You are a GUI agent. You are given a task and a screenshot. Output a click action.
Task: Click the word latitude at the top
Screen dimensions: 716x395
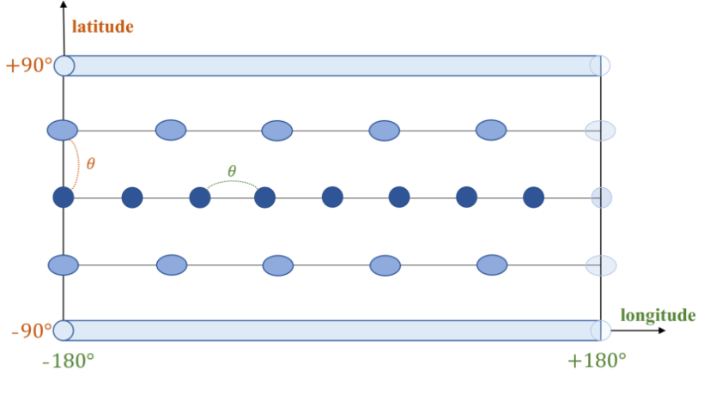(x=103, y=27)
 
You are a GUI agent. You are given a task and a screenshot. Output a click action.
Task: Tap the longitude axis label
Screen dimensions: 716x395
(x=658, y=315)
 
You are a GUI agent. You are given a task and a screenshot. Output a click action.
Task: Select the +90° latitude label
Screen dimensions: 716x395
(x=29, y=65)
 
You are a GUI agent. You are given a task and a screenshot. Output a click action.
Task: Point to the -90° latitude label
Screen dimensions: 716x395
(x=32, y=330)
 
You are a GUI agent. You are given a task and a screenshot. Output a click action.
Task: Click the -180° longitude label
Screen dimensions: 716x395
(x=68, y=361)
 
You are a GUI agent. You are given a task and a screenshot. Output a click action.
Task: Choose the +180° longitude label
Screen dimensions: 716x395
(x=597, y=361)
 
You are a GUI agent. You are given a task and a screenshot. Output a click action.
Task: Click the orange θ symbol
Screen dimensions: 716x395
(x=90, y=163)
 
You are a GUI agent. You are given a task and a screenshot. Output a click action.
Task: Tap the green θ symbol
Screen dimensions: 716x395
(x=232, y=171)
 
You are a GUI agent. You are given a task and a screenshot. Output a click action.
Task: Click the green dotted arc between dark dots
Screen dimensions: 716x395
(x=233, y=181)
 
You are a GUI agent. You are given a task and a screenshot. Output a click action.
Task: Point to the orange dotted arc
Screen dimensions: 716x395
(x=78, y=164)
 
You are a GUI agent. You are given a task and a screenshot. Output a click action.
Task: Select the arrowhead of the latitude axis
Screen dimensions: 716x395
(x=64, y=4)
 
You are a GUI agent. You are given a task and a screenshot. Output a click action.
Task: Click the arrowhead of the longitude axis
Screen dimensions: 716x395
(x=662, y=330)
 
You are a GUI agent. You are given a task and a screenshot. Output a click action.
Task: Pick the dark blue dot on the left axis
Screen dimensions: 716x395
(x=64, y=197)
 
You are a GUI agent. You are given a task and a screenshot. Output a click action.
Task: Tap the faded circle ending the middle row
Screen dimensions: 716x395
(x=601, y=197)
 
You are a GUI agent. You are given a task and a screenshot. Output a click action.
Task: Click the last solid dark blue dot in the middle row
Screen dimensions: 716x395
(x=533, y=197)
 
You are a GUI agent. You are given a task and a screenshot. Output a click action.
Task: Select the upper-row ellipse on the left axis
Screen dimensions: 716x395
(x=63, y=131)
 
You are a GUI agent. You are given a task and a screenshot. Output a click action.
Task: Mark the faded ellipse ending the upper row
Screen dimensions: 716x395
(x=600, y=131)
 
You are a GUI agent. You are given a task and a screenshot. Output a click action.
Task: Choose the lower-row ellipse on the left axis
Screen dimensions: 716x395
(x=64, y=265)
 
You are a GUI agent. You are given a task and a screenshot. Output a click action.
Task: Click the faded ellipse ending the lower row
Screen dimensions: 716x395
(x=601, y=265)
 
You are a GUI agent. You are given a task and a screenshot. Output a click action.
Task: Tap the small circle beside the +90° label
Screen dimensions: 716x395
(x=64, y=66)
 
